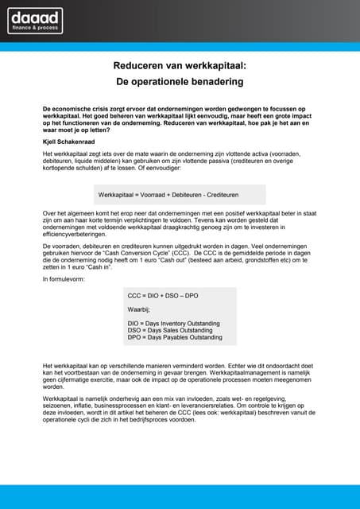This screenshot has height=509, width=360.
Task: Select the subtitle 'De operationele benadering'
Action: click(x=180, y=81)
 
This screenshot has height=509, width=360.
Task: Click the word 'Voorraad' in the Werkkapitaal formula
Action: click(x=159, y=194)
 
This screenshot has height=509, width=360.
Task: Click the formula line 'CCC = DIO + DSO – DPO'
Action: click(x=163, y=295)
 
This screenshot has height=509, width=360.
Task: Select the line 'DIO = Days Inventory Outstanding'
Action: click(x=174, y=323)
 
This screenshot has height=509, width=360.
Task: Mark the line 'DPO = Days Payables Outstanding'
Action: click(x=175, y=337)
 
